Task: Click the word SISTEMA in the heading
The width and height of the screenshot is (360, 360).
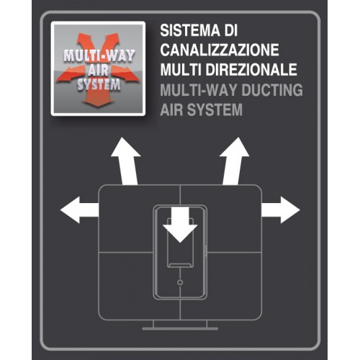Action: (190, 30)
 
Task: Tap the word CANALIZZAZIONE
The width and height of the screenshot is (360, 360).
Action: (220, 50)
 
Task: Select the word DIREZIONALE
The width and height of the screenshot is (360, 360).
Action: (251, 70)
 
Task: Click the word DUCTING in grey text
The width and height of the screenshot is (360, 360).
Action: (272, 90)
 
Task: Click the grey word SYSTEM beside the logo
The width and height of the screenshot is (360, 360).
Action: (215, 109)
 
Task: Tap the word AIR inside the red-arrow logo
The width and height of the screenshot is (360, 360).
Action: (98, 71)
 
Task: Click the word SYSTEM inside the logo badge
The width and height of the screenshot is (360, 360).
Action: (99, 85)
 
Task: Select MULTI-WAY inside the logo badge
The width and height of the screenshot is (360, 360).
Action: (99, 56)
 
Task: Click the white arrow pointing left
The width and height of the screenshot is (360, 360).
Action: (79, 210)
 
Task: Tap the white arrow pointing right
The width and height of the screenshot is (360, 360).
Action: (281, 210)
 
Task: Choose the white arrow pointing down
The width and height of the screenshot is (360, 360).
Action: (180, 225)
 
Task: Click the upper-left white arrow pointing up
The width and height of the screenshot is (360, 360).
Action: (126, 161)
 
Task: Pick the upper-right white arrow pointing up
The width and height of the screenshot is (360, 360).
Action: (234, 161)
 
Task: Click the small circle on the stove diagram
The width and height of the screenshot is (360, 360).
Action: (180, 282)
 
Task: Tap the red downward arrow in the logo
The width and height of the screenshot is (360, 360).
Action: (98, 97)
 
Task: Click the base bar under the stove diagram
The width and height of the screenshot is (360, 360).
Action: (180, 328)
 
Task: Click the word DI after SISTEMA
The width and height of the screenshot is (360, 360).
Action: (231, 30)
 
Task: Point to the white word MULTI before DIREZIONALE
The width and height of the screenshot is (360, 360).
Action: (181, 70)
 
